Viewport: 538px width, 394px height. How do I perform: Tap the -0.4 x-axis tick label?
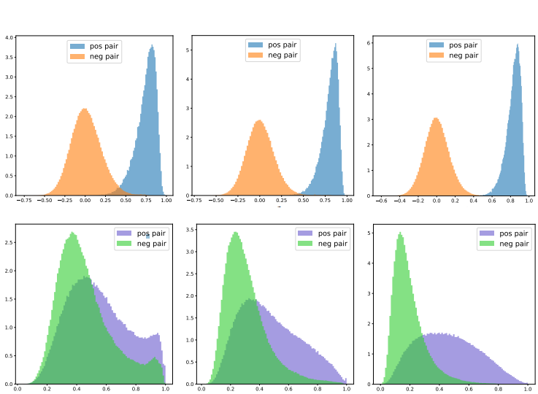[x=399, y=200]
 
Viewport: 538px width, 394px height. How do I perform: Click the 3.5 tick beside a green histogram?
[x=188, y=230]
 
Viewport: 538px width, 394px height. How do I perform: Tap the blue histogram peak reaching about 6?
[x=517, y=45]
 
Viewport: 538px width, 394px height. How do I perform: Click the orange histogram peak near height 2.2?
[x=85, y=109]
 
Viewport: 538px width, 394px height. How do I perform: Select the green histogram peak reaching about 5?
[x=400, y=233]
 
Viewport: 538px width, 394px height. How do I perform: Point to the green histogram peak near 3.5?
[x=235, y=233]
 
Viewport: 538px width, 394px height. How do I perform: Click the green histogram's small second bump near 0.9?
[x=154, y=358]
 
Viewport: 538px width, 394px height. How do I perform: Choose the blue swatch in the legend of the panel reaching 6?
[x=437, y=45]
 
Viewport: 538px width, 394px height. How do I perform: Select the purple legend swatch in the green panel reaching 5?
[x=487, y=233]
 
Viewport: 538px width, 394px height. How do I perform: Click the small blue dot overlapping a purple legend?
[x=147, y=236]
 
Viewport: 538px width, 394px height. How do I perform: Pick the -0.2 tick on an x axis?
[x=418, y=200]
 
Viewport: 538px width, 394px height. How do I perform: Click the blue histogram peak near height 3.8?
[x=152, y=46]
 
